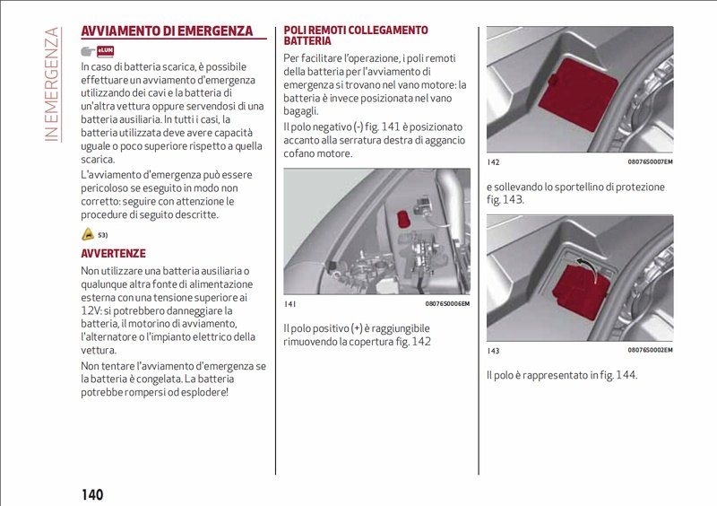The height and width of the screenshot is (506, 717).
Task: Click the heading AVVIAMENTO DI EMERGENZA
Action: pyautogui.click(x=167, y=31)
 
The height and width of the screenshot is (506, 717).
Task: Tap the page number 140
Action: pyautogui.click(x=92, y=494)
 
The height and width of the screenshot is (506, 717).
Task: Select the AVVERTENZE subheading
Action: pyautogui.click(x=113, y=254)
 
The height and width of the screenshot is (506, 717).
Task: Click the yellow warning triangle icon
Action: pyautogui.click(x=87, y=234)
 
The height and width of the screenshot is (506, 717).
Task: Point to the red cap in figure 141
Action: pyautogui.click(x=403, y=216)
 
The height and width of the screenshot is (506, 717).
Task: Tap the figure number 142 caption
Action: pyautogui.click(x=493, y=162)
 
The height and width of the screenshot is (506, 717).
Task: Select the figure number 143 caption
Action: pyautogui.click(x=493, y=350)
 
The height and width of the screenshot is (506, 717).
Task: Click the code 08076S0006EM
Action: pyautogui.click(x=447, y=303)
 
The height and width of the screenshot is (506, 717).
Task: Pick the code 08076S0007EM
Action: pyautogui.click(x=650, y=162)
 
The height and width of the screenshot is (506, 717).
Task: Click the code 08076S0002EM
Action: pyautogui.click(x=650, y=350)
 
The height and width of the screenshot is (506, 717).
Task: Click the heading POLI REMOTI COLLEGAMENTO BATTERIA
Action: pyautogui.click(x=356, y=35)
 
